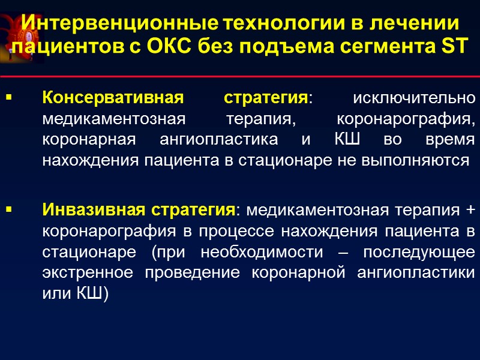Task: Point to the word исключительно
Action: [414, 97]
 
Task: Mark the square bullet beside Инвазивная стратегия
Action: [8, 210]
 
